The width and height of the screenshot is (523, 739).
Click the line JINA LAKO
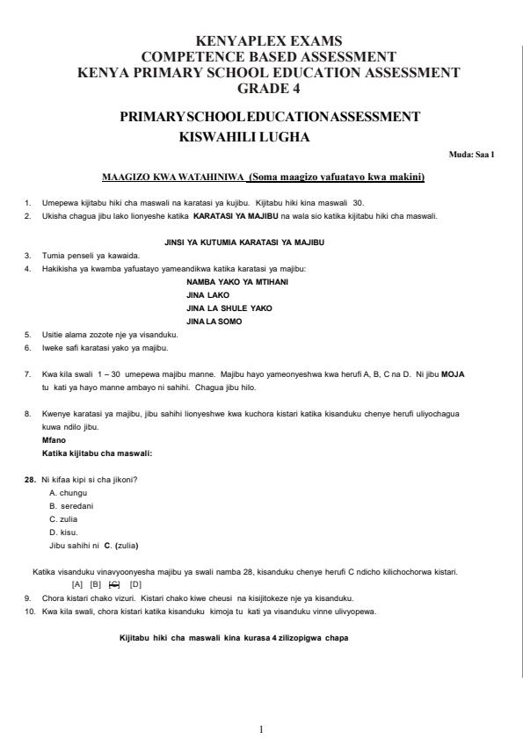click(x=207, y=294)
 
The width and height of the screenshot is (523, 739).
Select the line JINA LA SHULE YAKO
click(x=229, y=308)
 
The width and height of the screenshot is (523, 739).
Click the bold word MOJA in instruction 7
click(x=454, y=373)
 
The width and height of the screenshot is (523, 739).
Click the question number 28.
click(x=30, y=480)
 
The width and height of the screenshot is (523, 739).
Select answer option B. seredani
click(x=71, y=506)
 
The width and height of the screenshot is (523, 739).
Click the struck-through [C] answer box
click(x=114, y=584)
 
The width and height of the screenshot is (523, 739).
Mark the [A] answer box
click(x=77, y=584)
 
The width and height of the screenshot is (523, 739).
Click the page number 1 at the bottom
click(x=261, y=728)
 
